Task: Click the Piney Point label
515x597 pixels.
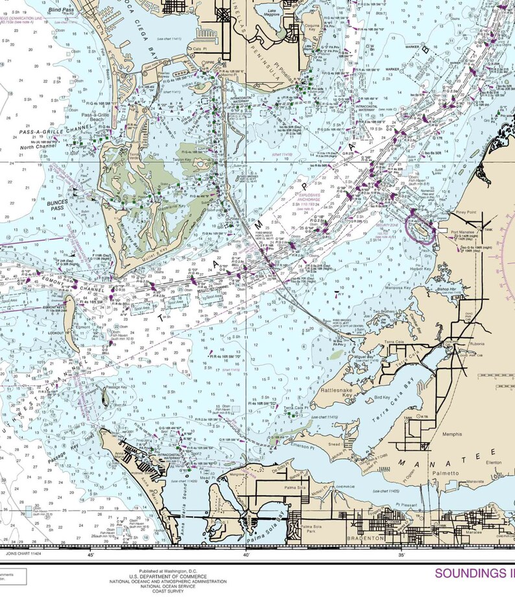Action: (x=464, y=212)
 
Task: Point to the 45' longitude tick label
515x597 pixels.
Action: (x=90, y=555)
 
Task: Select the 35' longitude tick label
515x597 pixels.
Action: (x=401, y=555)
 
